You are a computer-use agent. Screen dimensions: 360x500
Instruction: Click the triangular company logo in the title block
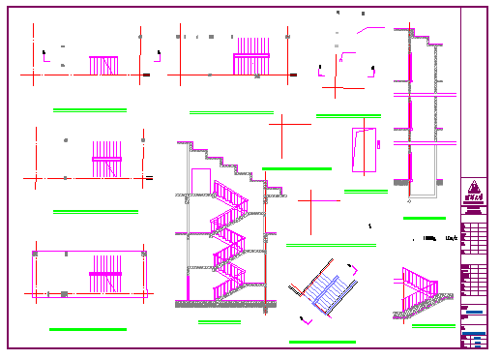473,191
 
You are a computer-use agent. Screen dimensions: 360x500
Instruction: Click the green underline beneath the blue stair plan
322,342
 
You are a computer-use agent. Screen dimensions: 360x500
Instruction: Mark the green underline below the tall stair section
220,322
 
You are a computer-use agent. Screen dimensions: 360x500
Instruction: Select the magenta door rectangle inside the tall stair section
201,182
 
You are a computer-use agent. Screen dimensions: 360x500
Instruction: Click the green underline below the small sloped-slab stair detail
433,326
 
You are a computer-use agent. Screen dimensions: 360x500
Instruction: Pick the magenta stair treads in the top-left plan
103,65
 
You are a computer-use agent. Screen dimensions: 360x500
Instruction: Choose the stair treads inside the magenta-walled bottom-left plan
105,275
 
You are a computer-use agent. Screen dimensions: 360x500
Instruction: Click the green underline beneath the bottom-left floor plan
88,330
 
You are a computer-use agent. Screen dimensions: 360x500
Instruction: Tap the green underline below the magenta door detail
366,192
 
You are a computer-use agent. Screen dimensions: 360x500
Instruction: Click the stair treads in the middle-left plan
107,158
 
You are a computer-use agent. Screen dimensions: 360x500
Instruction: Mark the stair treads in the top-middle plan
250,55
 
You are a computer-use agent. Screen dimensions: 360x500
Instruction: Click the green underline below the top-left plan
90,109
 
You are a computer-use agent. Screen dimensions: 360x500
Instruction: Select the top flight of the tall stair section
230,196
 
